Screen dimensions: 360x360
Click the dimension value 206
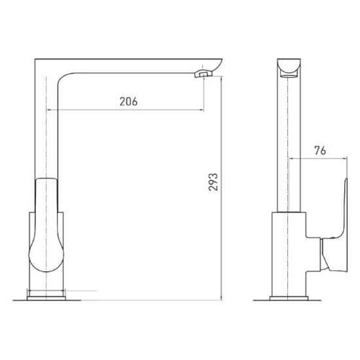tap(129, 102)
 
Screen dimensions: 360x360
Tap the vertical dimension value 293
tap(213, 182)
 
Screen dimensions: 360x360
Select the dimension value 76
tap(320, 150)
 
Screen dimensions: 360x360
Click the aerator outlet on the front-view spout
tap(203, 73)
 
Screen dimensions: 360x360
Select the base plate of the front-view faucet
tap(46, 298)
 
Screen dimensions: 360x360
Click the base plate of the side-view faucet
tap(289, 298)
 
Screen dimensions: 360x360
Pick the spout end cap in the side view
tap(289, 68)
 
